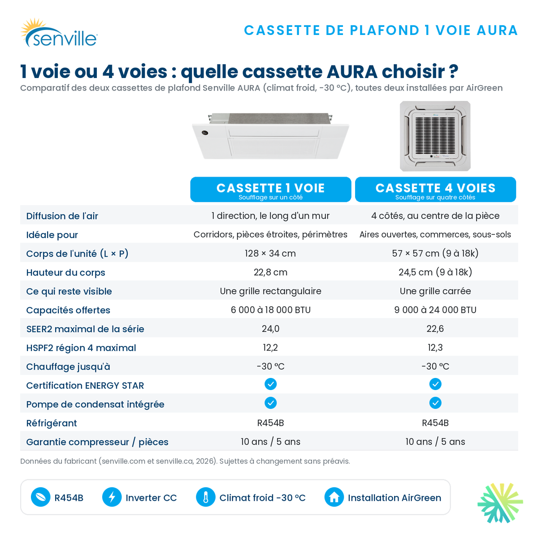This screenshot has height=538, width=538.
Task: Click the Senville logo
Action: [59, 33]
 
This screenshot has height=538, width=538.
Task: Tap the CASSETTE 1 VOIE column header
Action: [270, 189]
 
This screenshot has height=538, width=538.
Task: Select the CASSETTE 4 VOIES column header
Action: [435, 189]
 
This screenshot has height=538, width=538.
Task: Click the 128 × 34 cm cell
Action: [270, 253]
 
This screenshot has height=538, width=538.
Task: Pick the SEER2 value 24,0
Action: [270, 328]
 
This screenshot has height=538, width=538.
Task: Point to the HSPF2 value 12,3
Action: [435, 347]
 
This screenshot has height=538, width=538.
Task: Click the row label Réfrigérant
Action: [52, 423]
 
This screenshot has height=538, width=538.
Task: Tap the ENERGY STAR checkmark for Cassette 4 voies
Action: [435, 384]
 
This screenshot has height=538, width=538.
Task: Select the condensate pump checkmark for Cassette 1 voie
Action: [270, 403]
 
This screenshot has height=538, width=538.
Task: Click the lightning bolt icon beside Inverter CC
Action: [112, 497]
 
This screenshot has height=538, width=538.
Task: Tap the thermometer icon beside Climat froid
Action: [205, 497]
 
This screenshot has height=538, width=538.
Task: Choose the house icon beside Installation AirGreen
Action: [334, 497]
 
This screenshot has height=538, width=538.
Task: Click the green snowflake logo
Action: [500, 503]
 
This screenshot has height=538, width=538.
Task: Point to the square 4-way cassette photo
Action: [435, 136]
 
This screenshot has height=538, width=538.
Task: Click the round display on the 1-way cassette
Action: [204, 133]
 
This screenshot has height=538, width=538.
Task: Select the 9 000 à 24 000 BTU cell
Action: [435, 310]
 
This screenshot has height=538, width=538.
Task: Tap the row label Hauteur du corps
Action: [65, 272]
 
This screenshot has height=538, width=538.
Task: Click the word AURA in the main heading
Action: [352, 72]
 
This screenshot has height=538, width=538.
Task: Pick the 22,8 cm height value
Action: [270, 272]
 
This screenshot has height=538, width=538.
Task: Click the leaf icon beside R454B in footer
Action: [40, 497]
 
